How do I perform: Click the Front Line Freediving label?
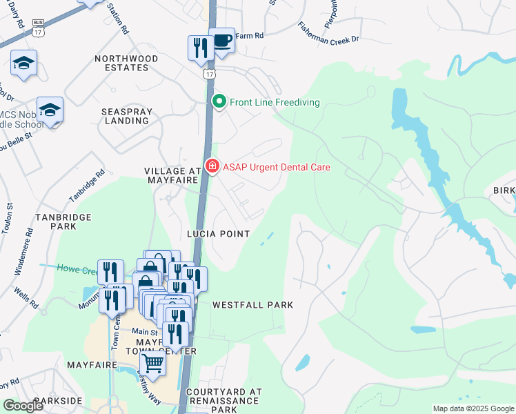pos(275,102)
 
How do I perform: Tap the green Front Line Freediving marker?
pos(219,102)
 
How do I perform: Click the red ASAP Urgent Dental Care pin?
pos(212,166)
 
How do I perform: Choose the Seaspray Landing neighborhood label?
pos(125,115)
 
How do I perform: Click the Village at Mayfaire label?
pos(172,175)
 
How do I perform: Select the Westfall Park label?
pos(252,304)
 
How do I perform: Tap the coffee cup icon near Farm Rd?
pos(221,41)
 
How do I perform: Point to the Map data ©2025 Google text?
pos(473,408)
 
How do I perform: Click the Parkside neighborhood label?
pos(57,401)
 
